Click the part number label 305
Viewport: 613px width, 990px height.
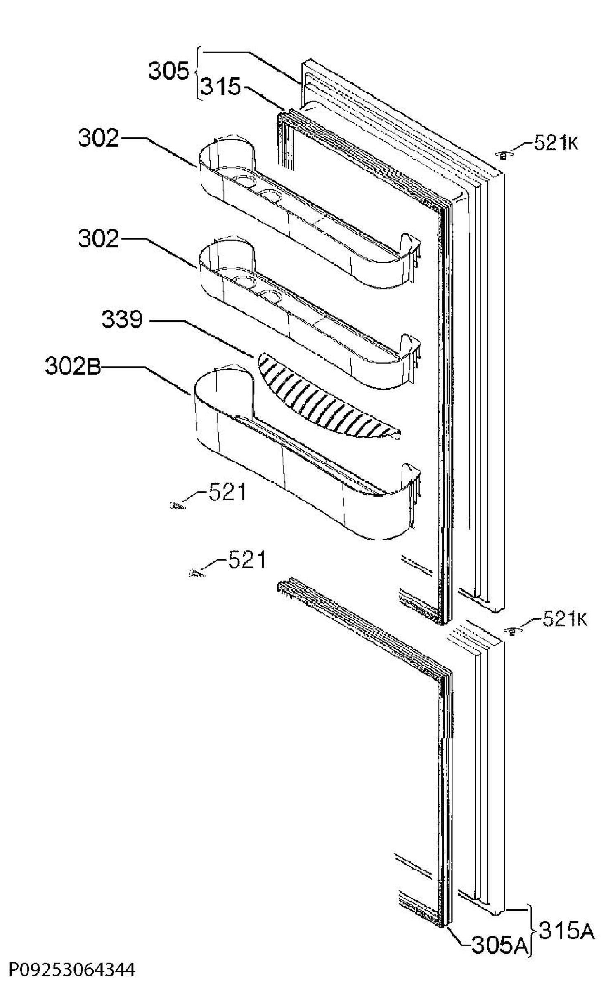click(x=168, y=71)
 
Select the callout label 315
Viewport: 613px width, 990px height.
click(x=220, y=87)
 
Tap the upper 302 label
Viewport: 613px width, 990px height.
click(x=99, y=139)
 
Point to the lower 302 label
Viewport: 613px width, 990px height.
click(x=99, y=239)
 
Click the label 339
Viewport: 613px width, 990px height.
click(x=122, y=320)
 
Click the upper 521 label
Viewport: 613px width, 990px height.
click(x=227, y=492)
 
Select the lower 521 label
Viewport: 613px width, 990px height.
click(x=246, y=560)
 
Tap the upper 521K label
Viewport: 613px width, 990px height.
click(x=556, y=143)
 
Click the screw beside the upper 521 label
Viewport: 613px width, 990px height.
click(x=178, y=505)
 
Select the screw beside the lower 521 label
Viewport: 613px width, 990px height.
click(x=196, y=573)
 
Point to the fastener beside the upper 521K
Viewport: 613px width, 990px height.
click(x=502, y=155)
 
